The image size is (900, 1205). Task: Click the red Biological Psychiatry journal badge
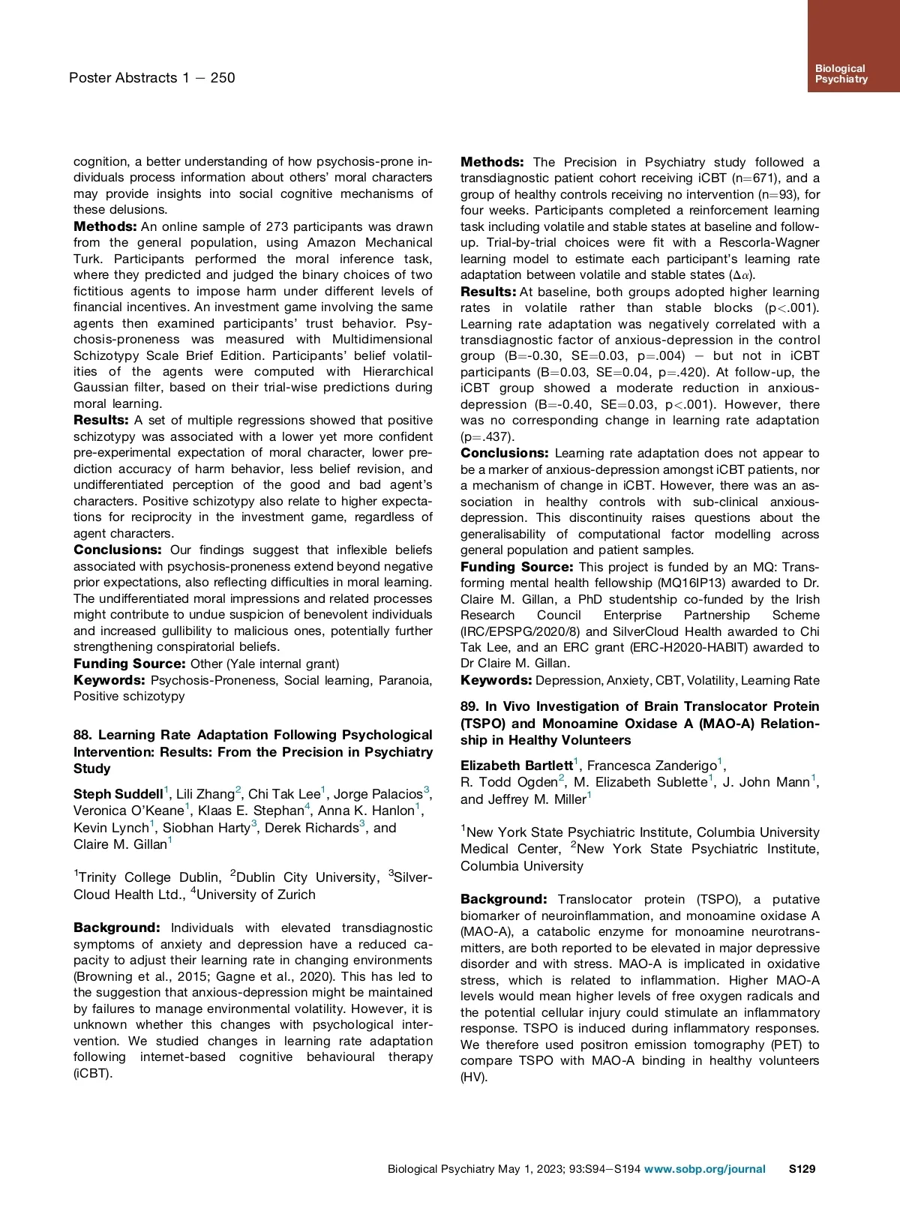853,46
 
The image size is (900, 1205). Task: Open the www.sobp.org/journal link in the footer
704,1168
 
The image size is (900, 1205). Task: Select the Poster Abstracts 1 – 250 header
151,77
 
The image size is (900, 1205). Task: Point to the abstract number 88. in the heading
83,735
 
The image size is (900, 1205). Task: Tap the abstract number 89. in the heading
469,706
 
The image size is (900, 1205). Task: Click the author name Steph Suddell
118,793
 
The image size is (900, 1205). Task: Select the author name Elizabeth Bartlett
516,765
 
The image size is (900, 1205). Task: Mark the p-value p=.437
486,436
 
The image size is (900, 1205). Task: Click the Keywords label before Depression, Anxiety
496,680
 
